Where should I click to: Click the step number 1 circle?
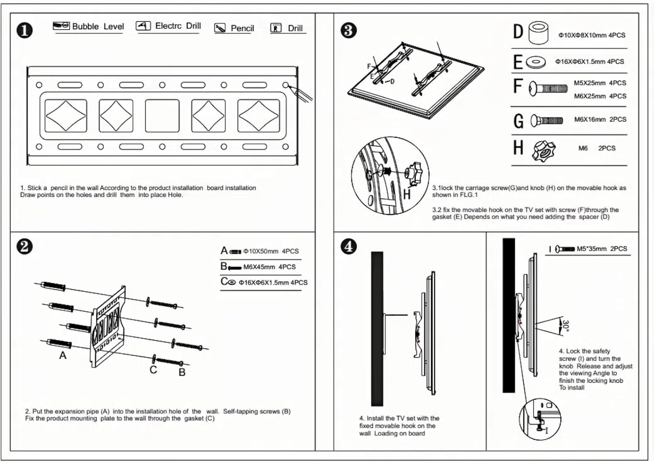[24, 30]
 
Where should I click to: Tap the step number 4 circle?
[348, 246]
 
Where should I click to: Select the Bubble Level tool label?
[98, 27]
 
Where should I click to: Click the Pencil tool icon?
[220, 28]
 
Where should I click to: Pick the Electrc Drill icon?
[143, 26]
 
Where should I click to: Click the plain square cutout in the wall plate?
[162, 115]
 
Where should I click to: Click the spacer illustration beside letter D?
[538, 34]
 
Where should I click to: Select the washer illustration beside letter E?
[536, 62]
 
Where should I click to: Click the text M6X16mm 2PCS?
[600, 119]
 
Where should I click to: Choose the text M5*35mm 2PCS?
[602, 249]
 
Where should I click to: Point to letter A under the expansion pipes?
[63, 356]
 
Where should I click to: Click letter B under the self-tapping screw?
[182, 372]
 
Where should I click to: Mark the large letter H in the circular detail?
[406, 194]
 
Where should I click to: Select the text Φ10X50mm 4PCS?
[271, 251]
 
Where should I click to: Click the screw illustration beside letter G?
[547, 120]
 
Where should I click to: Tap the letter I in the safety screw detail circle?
[546, 431]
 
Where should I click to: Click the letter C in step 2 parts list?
[224, 282]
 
